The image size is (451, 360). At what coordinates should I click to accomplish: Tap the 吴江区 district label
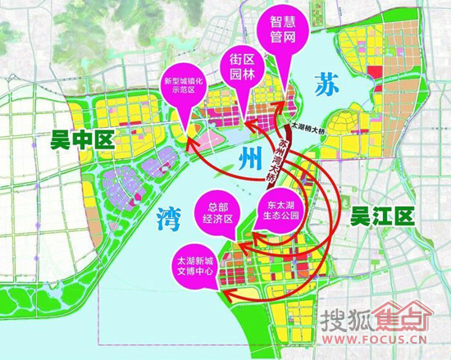pyautogui.click(x=380, y=216)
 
